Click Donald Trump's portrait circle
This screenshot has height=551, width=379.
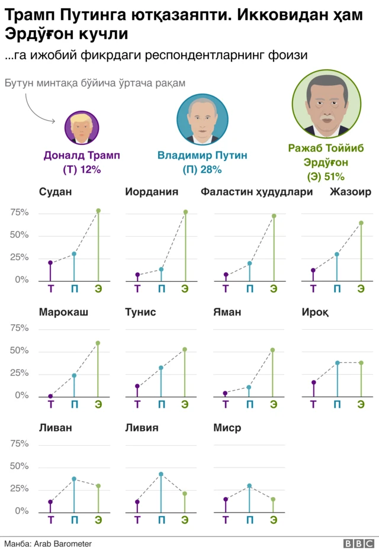pyautogui.click(x=82, y=128)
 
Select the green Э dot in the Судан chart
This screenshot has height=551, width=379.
pyautogui.click(x=98, y=211)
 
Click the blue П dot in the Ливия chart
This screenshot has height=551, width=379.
pyautogui.click(x=161, y=474)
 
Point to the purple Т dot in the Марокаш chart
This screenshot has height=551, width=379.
pyautogui.click(x=50, y=396)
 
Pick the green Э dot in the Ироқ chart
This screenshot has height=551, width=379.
pyautogui.click(x=361, y=363)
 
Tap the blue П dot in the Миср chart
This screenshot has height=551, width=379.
pyautogui.click(x=249, y=486)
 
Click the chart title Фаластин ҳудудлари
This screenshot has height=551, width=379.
pyautogui.click(x=256, y=192)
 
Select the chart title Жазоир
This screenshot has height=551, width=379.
pyautogui.click(x=351, y=192)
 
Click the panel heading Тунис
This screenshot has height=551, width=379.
pyautogui.click(x=140, y=312)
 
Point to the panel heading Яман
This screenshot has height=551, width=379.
pyautogui.click(x=227, y=312)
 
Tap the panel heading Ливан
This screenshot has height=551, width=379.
pyautogui.click(x=55, y=428)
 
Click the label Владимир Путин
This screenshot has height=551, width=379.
pyautogui.click(x=202, y=156)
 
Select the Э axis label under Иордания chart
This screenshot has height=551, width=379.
pyautogui.click(x=185, y=289)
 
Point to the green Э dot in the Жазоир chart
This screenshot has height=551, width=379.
pyautogui.click(x=361, y=223)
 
